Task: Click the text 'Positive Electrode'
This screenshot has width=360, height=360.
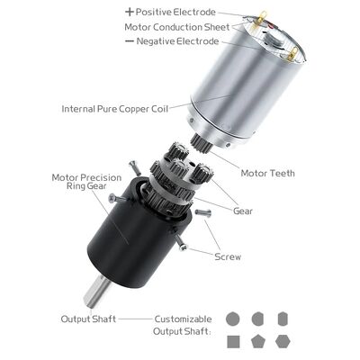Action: [176, 13]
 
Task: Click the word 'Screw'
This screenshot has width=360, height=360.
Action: [228, 256]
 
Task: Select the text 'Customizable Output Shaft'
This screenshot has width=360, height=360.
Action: [183, 325]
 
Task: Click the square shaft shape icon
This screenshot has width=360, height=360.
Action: [233, 341]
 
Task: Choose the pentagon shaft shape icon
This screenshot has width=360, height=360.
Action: [258, 341]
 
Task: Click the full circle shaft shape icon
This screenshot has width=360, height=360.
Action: [233, 319]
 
